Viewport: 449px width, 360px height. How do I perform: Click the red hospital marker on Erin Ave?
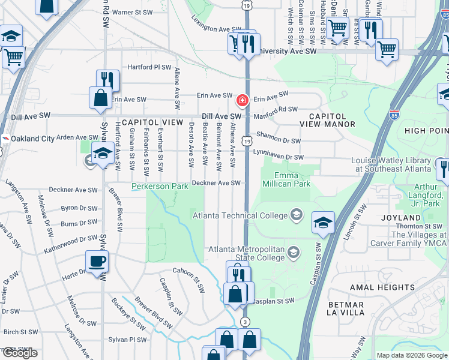tap(243, 100)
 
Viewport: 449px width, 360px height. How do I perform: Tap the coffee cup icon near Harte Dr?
tap(97, 262)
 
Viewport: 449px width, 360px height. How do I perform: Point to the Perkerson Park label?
tap(160, 187)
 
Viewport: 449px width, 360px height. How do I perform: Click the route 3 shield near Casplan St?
tap(245, 322)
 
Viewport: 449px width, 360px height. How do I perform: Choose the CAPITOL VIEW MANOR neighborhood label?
tap(332, 120)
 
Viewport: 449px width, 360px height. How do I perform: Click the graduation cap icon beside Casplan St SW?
tap(323, 223)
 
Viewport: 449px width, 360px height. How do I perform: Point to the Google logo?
tap(19, 353)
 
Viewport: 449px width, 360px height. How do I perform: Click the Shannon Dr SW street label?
tap(278, 138)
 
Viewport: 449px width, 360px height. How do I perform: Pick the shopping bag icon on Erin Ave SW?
tap(100, 98)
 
